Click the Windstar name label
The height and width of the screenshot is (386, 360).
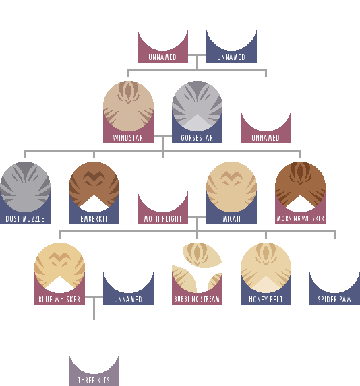[x=128, y=138]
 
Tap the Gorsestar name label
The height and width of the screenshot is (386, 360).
[x=197, y=138]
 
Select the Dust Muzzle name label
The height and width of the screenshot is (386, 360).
[x=25, y=219]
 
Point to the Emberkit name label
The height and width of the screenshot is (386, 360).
[x=94, y=219]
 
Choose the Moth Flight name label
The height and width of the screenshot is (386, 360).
[x=162, y=219]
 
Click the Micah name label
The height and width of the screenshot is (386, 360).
[x=231, y=219]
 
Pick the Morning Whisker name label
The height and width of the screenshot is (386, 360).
[x=300, y=219]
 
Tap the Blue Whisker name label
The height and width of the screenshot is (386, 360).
[x=59, y=300]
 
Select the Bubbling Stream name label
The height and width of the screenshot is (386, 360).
[x=197, y=299]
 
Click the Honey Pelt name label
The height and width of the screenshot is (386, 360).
[x=266, y=300]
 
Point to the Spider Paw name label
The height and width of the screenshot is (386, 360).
[x=334, y=300]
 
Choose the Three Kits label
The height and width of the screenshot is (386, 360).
[x=94, y=381]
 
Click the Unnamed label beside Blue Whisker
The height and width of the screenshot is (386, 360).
[x=128, y=300]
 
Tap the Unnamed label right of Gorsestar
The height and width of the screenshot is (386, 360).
[x=266, y=138]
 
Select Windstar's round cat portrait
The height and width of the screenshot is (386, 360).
[x=128, y=106]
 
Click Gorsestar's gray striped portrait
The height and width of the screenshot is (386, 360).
[x=197, y=106]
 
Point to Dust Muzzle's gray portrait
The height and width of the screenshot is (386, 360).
[x=25, y=187]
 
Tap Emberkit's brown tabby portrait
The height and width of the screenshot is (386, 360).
[x=94, y=187]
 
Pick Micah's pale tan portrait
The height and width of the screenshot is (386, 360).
[x=232, y=187]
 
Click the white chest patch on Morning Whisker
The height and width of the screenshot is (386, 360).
[x=300, y=204]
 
